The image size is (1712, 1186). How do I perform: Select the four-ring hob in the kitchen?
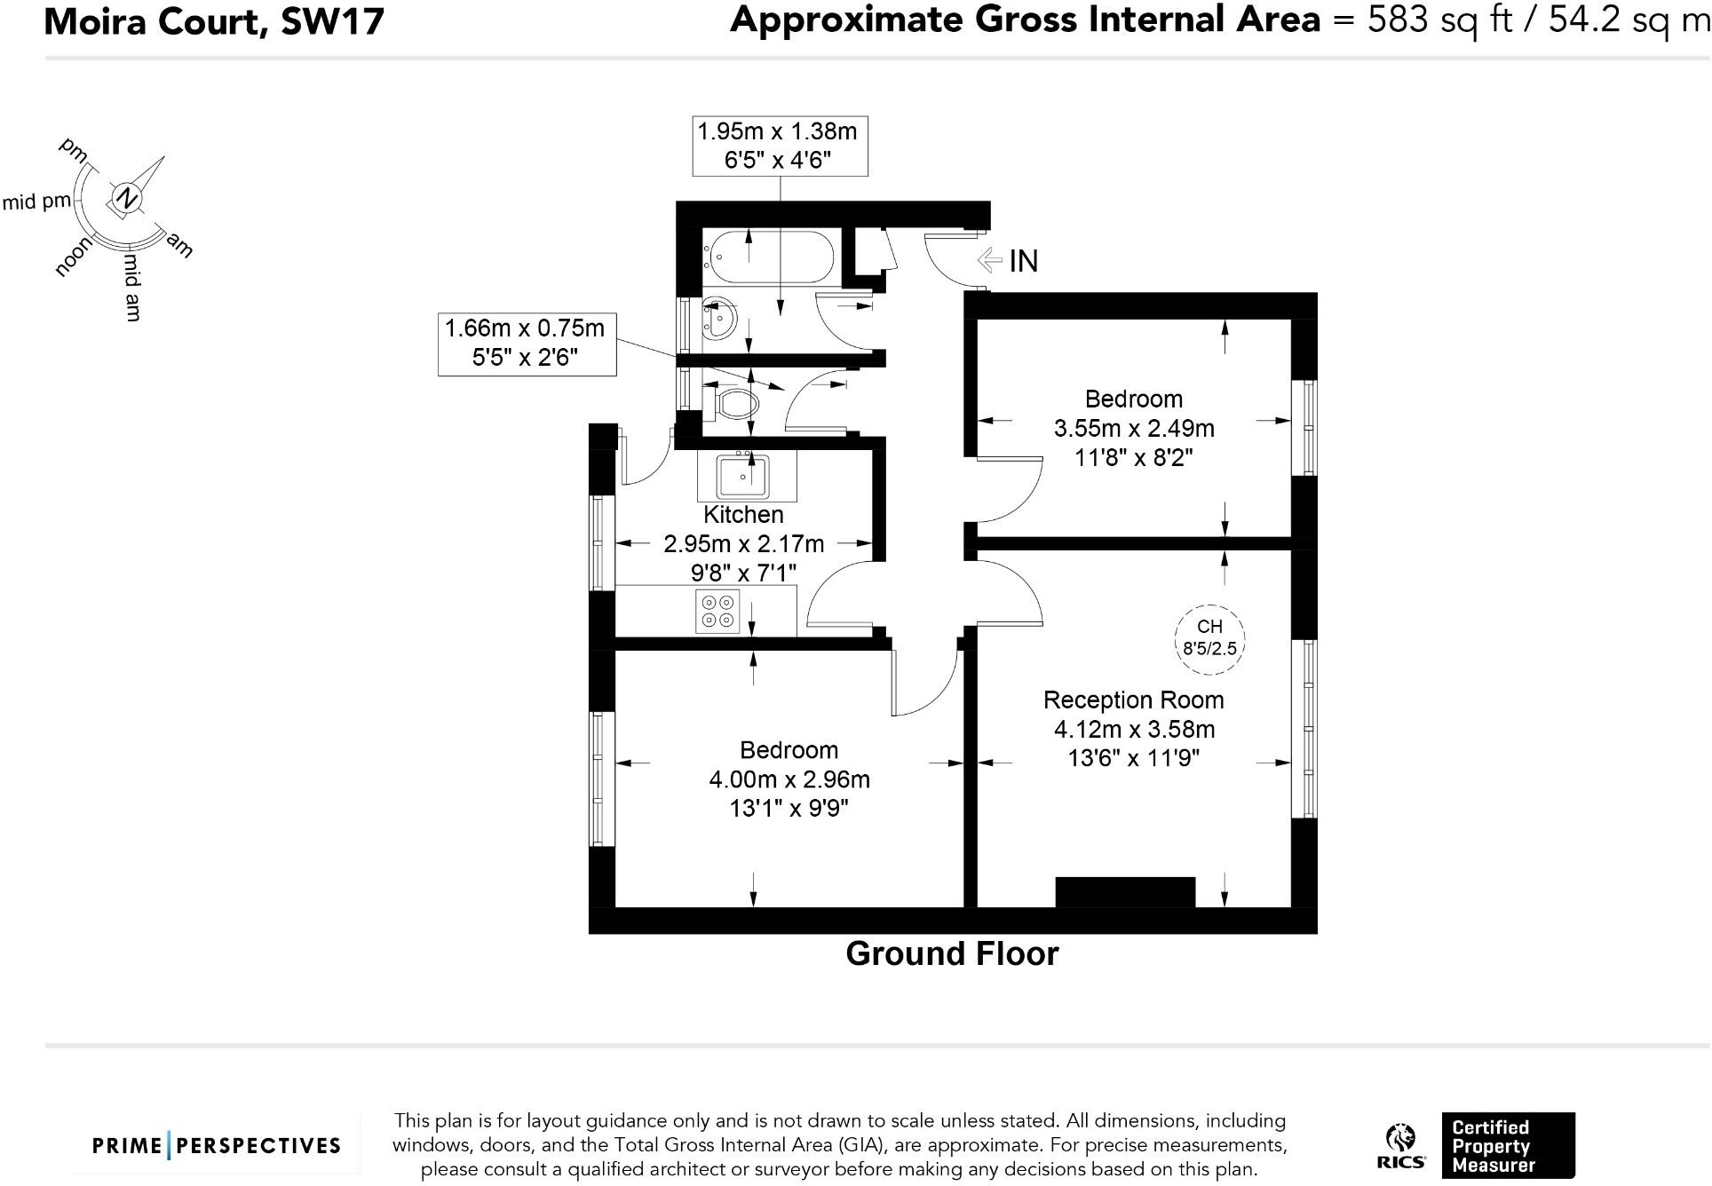[717, 611]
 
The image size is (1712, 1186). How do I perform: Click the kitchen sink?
[743, 477]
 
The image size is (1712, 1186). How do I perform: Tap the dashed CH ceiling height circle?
[1209, 637]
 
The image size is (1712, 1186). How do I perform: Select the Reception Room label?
[1133, 700]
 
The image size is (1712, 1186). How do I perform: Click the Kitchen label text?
[743, 514]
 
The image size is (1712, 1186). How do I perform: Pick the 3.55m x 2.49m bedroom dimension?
[1134, 429]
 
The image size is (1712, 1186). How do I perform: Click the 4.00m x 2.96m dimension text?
[789, 779]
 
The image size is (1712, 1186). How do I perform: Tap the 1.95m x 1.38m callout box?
[779, 146]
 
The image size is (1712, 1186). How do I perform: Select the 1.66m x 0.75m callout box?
[526, 343]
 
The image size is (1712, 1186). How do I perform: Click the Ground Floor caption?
[952, 953]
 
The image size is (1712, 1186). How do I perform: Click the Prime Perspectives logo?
[217, 1145]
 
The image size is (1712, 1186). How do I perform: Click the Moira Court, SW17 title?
[214, 21]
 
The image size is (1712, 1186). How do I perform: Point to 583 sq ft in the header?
[1439, 20]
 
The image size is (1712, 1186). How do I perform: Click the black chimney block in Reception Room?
[1124, 891]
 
